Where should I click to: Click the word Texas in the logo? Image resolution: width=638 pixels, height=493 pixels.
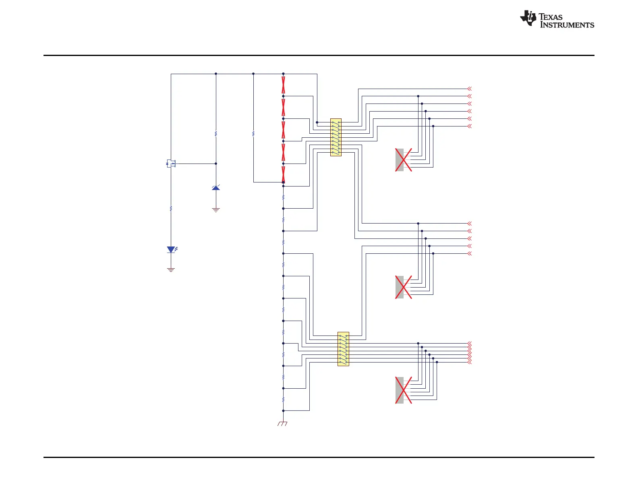(551, 17)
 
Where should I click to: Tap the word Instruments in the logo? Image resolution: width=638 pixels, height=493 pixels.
(567, 25)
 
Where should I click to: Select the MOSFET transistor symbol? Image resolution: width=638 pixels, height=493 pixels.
(171, 164)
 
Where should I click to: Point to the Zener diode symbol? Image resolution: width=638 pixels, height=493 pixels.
(216, 188)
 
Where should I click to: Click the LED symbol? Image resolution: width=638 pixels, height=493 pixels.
(171, 250)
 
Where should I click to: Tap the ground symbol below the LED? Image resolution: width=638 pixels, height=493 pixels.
(171, 269)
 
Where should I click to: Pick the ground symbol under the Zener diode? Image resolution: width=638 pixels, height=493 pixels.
(216, 210)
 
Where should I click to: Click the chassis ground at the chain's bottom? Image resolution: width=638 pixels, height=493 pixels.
(283, 423)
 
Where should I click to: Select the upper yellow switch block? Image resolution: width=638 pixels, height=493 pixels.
(336, 137)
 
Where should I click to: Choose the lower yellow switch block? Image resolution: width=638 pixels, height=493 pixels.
(343, 349)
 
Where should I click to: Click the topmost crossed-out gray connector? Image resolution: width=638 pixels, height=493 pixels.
(403, 160)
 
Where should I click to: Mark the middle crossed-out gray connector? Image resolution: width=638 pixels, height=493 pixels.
(403, 287)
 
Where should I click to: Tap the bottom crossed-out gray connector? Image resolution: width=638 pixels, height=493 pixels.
(403, 390)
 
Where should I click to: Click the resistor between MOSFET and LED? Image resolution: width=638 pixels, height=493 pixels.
(171, 209)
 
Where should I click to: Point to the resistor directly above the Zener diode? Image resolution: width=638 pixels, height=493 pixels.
(216, 133)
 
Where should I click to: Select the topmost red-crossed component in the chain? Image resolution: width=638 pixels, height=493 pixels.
(283, 85)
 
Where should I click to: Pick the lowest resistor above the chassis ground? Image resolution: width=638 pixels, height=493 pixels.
(283, 400)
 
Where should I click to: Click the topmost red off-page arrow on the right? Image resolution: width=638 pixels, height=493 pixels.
(469, 89)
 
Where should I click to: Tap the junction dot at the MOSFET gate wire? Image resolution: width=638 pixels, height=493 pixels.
(216, 164)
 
